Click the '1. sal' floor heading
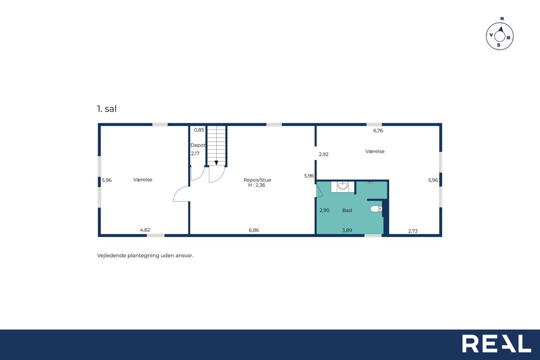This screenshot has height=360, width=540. [107, 109]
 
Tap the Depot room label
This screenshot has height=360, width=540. [198, 145]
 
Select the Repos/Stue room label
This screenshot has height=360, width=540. [257, 180]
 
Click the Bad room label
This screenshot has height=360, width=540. [347, 210]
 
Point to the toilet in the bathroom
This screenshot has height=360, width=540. [376, 208]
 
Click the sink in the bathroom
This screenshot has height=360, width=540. [343, 186]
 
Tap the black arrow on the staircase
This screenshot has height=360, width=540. [216, 163]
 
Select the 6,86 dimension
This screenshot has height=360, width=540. [254, 230]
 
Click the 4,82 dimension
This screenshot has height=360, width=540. [145, 230]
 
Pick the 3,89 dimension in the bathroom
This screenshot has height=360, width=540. [347, 230]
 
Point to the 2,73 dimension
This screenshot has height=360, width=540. [413, 231]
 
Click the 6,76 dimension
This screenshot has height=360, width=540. [378, 130]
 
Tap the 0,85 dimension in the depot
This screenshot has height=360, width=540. [199, 130]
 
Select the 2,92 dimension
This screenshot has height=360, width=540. [324, 154]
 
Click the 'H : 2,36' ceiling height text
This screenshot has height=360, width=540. [257, 185]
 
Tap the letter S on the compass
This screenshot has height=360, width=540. [499, 45]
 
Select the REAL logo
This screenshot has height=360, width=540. [497, 344]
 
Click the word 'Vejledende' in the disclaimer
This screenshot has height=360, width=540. [112, 256]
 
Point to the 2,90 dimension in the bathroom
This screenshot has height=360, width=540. [324, 210]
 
